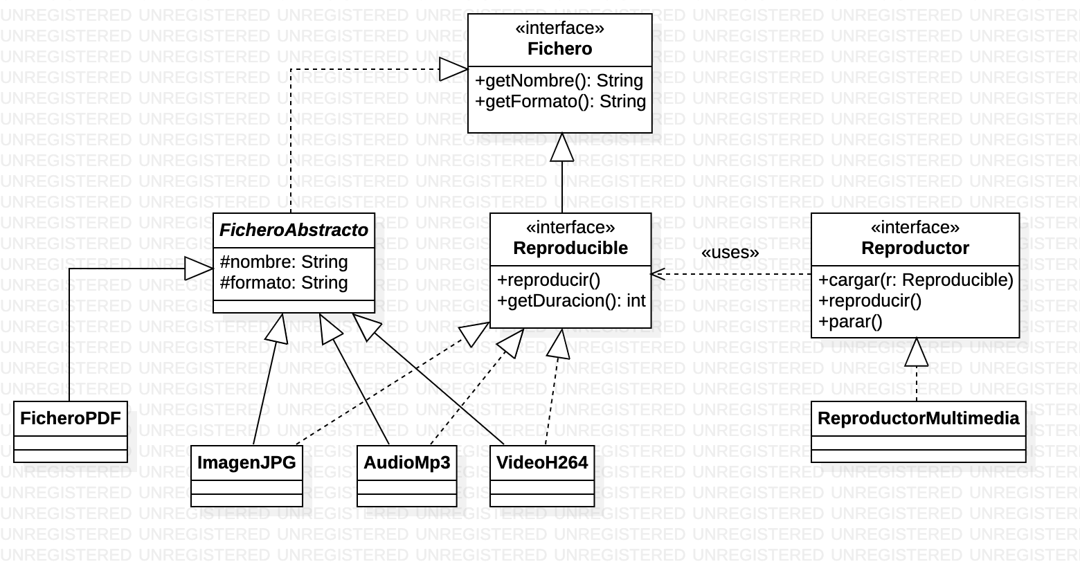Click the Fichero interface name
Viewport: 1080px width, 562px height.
pos(560,48)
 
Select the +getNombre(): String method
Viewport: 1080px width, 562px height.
pos(559,81)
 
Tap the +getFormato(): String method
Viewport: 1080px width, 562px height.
pos(560,102)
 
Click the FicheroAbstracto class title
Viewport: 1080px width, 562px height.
pos(294,230)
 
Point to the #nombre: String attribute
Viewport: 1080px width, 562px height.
pos(284,262)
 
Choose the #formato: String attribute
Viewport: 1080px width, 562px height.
pos(284,283)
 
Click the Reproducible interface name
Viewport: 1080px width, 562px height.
pos(570,248)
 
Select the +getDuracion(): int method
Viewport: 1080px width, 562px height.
pos(571,301)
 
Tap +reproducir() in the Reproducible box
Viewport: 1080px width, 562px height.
pos(548,280)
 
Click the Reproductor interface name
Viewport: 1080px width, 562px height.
pos(915,248)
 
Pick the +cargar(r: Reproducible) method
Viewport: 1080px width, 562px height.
pos(916,280)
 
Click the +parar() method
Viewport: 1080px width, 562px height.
pos(850,322)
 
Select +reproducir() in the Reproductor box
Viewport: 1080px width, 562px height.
pos(870,301)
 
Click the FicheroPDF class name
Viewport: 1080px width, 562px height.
pos(71,419)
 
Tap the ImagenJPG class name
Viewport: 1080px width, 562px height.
pos(247,463)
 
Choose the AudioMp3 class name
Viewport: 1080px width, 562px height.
pos(407,463)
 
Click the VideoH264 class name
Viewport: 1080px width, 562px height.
pos(542,463)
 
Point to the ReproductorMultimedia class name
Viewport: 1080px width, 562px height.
pos(918,419)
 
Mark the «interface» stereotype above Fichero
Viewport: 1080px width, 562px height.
pos(560,28)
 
